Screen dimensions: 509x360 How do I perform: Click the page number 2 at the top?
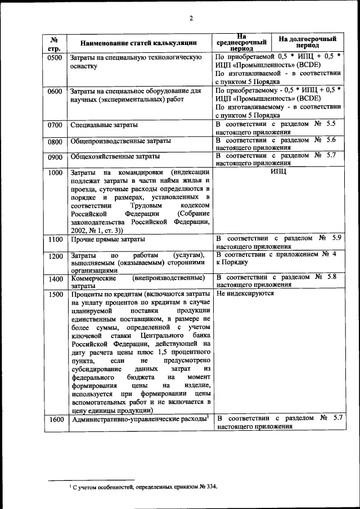click(x=191, y=18)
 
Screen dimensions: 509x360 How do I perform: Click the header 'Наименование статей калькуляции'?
click(x=138, y=43)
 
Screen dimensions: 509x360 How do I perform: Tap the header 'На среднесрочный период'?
click(x=241, y=42)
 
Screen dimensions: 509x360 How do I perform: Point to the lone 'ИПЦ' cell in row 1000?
click(x=278, y=172)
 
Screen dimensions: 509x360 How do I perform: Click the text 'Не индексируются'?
click(x=245, y=294)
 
